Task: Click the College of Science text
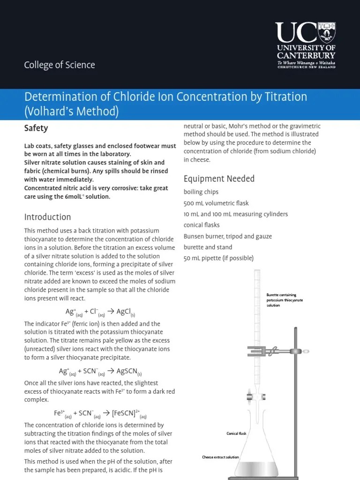(60, 65)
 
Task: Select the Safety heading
(36, 128)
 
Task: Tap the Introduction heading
(47, 217)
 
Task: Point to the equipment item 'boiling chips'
(201, 192)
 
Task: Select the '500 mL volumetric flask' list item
(216, 203)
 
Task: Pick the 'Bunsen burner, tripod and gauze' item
(228, 236)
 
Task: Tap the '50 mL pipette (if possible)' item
(218, 258)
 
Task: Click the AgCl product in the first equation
(126, 312)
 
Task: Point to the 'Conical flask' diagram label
(236, 434)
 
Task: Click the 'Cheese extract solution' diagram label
(220, 457)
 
